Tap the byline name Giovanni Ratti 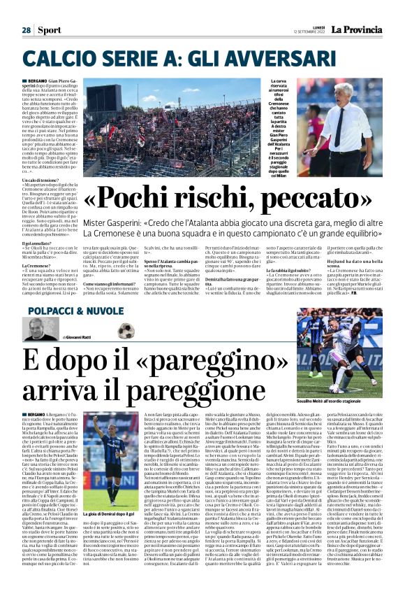[83, 338]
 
